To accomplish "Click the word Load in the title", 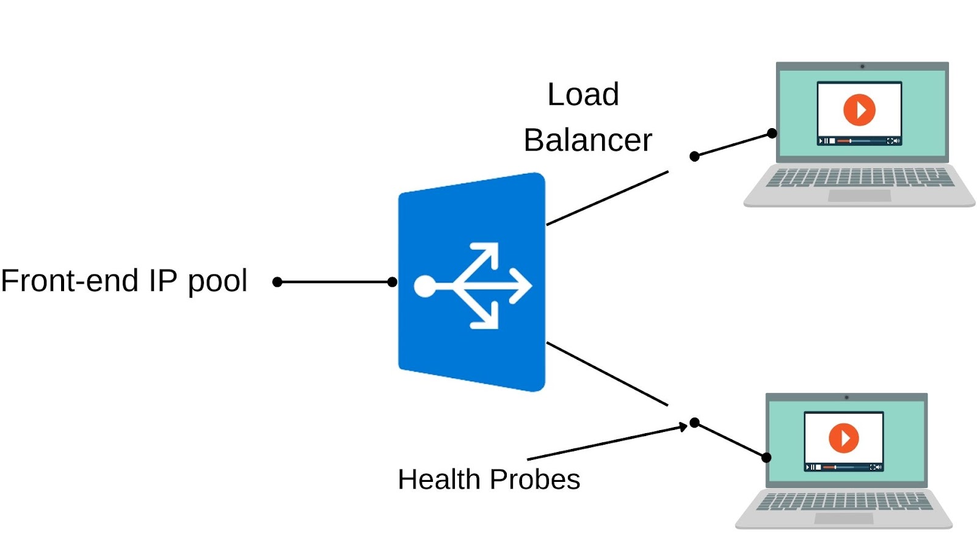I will [583, 95].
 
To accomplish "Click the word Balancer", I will [587, 140].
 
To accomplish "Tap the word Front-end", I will [70, 281].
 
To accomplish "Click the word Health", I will [439, 479].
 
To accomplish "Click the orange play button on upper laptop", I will [859, 110].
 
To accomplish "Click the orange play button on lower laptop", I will [843, 438].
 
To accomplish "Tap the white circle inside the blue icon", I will [425, 285].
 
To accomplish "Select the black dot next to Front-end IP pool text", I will [277, 282].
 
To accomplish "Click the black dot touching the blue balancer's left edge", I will [393, 282].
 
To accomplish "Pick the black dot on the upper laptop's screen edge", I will [772, 133].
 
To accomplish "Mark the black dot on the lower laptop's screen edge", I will [766, 457].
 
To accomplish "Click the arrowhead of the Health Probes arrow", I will [684, 427].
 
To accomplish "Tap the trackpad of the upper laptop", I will [859, 196].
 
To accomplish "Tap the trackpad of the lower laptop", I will [843, 518].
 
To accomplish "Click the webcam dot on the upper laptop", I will [862, 66].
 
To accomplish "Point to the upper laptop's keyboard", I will [859, 178].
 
